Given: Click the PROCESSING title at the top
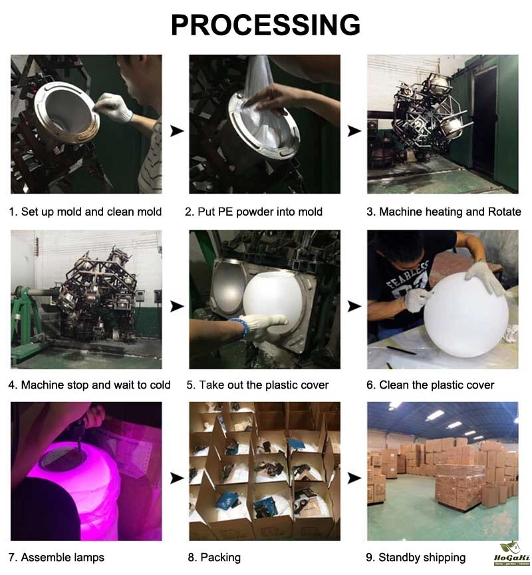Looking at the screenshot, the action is (x=265, y=25).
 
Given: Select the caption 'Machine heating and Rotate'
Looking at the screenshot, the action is (x=450, y=212).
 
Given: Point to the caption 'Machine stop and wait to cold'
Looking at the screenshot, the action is (x=96, y=385).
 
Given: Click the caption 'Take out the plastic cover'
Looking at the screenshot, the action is (x=264, y=385).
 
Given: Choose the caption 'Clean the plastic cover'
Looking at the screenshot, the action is (x=437, y=385).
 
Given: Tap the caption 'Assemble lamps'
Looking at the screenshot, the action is (x=63, y=558).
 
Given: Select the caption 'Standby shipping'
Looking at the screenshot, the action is (x=422, y=558).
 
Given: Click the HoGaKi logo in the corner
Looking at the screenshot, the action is (x=512, y=554).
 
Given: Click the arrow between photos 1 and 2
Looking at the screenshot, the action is (x=177, y=130).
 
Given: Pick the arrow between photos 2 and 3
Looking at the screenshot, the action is (x=354, y=130).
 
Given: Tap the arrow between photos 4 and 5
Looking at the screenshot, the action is (x=177, y=306).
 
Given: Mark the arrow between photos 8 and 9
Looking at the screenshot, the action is (x=354, y=479).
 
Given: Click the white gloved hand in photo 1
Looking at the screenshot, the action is (x=113, y=107).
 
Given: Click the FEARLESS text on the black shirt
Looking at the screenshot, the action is (x=407, y=274).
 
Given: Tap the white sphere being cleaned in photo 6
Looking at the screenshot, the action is (x=465, y=315).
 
